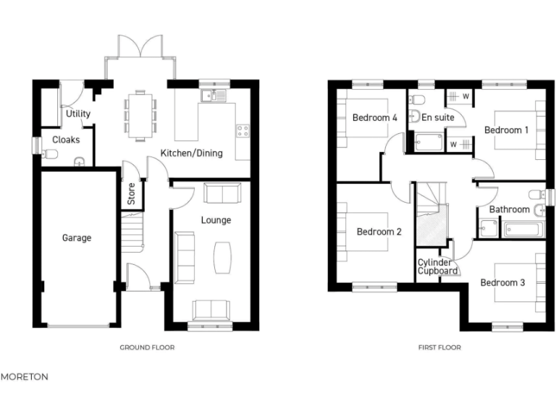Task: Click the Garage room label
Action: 76,237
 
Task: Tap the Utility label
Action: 77,114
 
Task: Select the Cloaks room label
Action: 66,140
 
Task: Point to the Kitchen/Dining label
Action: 191,153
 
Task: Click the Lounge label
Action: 216,219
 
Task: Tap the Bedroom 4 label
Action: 374,117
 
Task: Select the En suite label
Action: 437,116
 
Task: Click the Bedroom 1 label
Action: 506,130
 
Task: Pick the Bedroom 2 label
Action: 379,232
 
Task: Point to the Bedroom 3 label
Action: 502,282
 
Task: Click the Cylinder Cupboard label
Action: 437,266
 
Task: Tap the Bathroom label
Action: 509,210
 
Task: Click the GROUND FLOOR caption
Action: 147,347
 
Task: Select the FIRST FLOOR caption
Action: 439,347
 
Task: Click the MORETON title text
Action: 25,376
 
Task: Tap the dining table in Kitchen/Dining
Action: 140,114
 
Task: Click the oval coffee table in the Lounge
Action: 222,256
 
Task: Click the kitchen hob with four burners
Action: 242,131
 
